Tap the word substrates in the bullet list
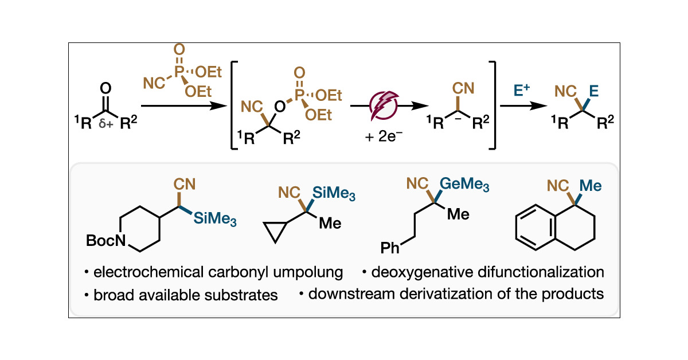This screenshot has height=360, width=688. tap(245, 295)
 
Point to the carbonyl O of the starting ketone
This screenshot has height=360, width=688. tap(105, 89)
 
